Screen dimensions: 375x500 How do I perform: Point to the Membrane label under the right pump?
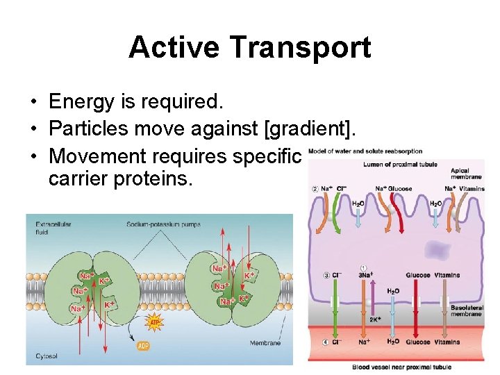click(x=265, y=342)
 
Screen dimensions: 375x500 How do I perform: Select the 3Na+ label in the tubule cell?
click(x=365, y=275)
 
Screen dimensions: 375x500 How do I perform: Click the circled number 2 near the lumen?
click(x=315, y=188)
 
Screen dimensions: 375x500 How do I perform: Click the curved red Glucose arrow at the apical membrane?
click(x=397, y=208)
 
